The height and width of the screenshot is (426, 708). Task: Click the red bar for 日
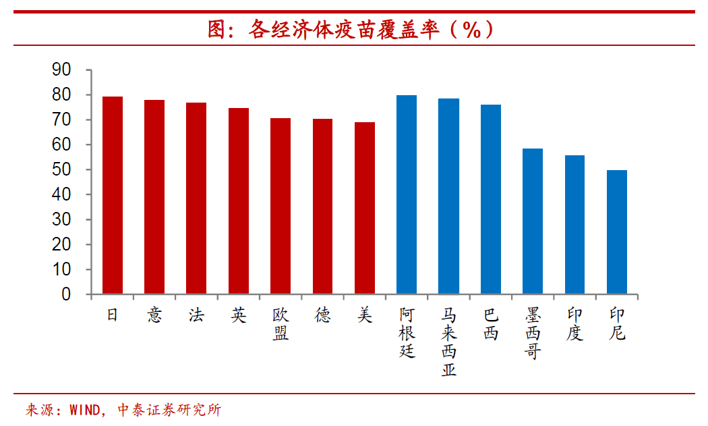(113, 195)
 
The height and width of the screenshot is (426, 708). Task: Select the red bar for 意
(154, 197)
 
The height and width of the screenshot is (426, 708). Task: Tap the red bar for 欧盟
(281, 206)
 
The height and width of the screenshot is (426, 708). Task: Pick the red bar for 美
(365, 208)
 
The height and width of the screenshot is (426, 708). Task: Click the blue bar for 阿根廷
(407, 194)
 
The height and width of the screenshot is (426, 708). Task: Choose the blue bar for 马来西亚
(448, 196)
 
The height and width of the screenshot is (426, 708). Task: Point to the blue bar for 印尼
(616, 232)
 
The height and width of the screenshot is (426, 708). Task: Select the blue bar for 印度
(574, 225)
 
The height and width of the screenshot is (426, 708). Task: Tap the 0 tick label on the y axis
(66, 295)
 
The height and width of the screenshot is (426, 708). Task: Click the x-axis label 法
(196, 315)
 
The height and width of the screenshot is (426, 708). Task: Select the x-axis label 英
(238, 315)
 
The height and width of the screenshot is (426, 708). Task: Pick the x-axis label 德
(322, 315)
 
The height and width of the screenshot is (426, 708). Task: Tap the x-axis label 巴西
(491, 324)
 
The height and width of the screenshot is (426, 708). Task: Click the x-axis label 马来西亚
(449, 342)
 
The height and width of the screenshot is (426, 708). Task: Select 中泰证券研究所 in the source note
(169, 410)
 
